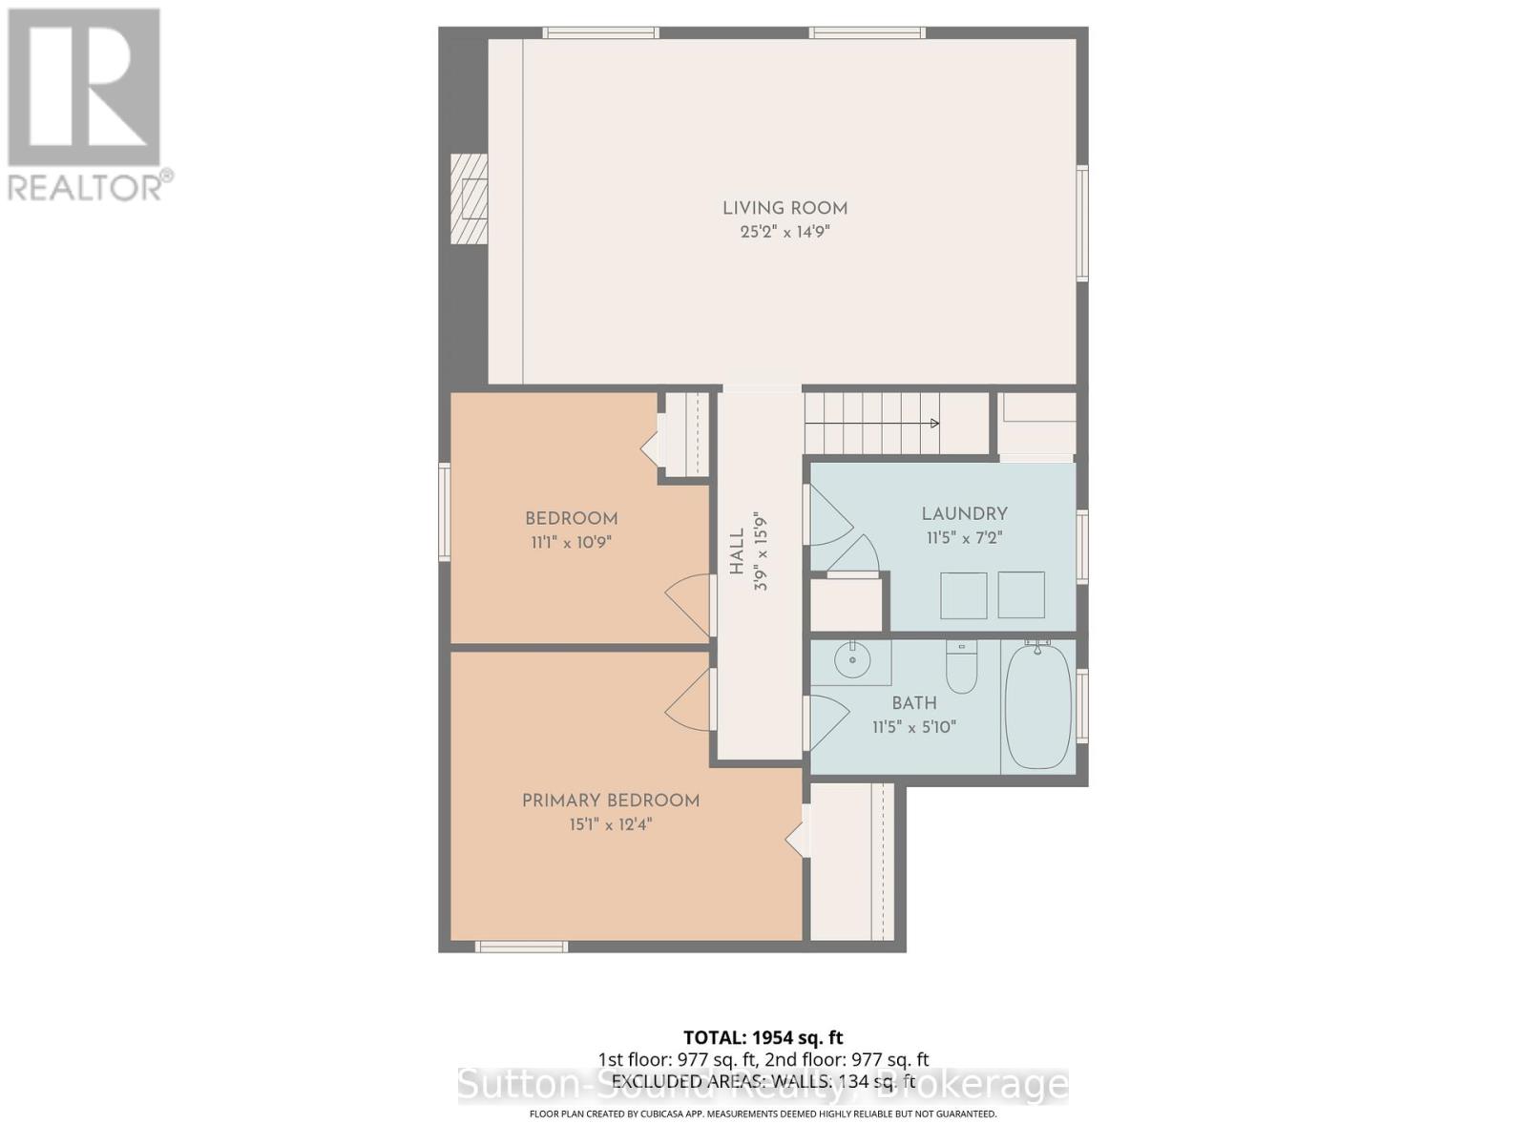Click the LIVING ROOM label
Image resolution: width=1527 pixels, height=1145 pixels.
pyautogui.click(x=784, y=208)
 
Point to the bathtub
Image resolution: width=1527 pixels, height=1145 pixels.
pyautogui.click(x=1038, y=706)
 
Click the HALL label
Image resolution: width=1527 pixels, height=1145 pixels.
pyautogui.click(x=737, y=552)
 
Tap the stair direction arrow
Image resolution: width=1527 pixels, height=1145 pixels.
pyautogui.click(x=933, y=424)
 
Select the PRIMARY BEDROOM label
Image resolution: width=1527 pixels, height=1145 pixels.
pyautogui.click(x=611, y=801)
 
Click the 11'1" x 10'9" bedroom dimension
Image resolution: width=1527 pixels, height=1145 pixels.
pyautogui.click(x=571, y=542)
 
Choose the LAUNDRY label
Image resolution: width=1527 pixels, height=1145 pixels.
pyautogui.click(x=964, y=513)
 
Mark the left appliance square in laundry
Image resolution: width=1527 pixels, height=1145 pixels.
pyautogui.click(x=963, y=595)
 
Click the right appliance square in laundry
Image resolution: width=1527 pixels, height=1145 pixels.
pyautogui.click(x=1021, y=595)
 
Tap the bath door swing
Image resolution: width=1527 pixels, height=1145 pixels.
pyautogui.click(x=826, y=722)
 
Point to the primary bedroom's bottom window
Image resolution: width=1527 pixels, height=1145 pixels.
pyautogui.click(x=521, y=947)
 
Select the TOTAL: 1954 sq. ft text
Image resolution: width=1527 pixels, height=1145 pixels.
pyautogui.click(x=763, y=1037)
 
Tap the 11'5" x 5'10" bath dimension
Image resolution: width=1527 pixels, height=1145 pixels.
pyautogui.click(x=913, y=727)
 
